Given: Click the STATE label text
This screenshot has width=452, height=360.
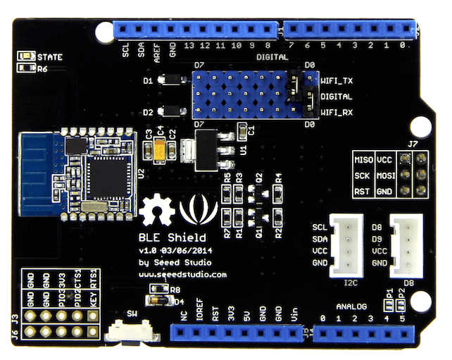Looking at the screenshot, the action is tap(49, 56).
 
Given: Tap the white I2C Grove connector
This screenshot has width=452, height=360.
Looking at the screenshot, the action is tap(346, 243).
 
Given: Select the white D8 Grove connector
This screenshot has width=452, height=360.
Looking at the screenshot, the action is tap(406, 243).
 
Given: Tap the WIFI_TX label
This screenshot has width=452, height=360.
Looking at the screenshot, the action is tap(337, 81).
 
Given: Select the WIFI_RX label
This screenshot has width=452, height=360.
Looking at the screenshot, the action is tap(337, 111).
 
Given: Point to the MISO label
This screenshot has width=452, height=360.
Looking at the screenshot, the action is tap(363, 159).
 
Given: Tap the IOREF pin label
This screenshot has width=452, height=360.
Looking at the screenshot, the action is tap(200, 315).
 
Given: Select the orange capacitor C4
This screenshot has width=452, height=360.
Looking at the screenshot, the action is tap(161, 150).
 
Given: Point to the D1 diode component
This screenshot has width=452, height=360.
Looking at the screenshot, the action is tap(170, 81).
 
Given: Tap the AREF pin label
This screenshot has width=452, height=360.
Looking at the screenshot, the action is tap(157, 51).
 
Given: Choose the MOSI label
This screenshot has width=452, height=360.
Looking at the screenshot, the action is tap(384, 175).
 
